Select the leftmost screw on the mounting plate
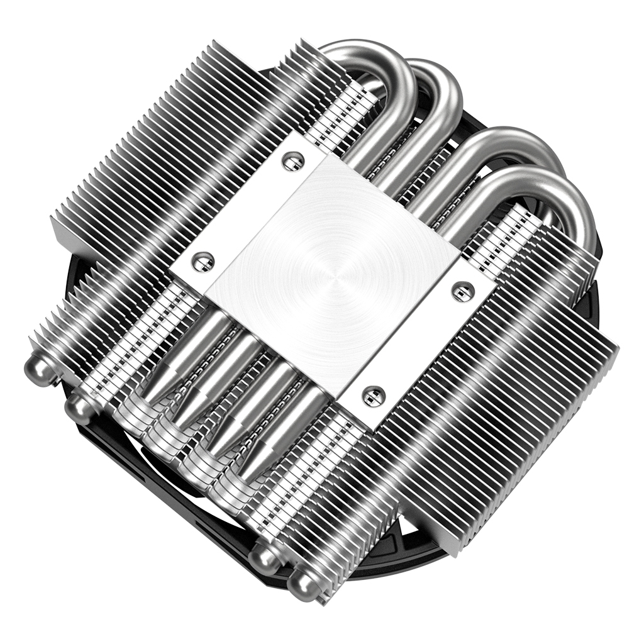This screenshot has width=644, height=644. click(202, 261)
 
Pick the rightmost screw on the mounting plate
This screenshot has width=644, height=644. click(463, 291)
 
